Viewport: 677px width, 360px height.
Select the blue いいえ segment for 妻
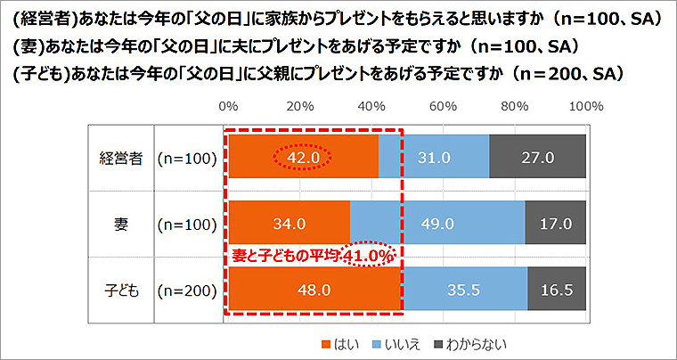pos(437,224)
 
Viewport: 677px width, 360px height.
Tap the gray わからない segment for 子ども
pos(557,290)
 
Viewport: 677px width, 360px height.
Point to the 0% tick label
pos(228,105)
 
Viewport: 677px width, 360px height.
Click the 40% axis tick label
pos(371,105)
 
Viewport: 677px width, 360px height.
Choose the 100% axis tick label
pos(585,105)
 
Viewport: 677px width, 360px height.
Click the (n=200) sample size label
pos(186,290)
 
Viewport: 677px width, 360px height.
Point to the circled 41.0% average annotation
pos(369,255)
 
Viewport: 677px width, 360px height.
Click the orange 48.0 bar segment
pos(314,290)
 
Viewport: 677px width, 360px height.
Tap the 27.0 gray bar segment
pos(537,158)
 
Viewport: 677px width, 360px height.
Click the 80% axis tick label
pos(515,105)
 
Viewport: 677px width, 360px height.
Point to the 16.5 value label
pos(557,290)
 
